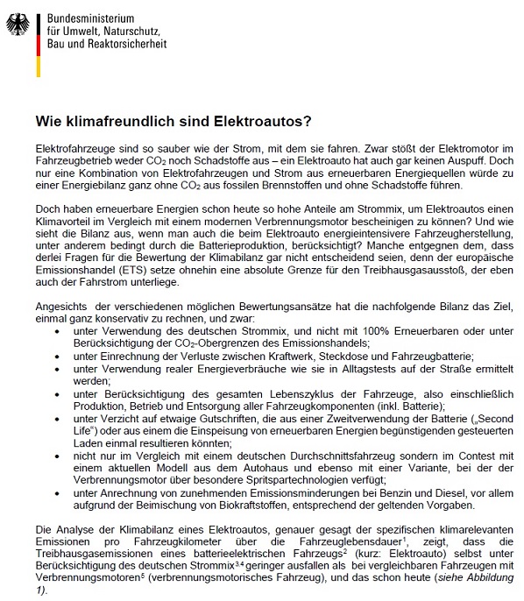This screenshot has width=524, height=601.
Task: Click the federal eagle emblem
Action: tap(17, 23)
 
